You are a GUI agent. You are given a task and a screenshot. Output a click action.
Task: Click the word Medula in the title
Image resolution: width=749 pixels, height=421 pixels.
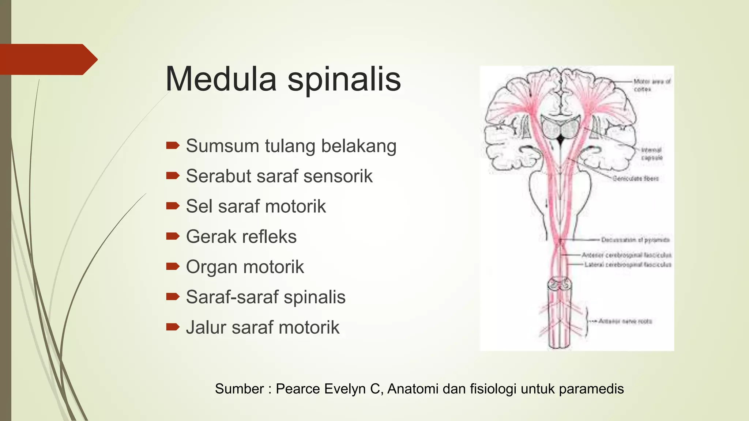(221, 79)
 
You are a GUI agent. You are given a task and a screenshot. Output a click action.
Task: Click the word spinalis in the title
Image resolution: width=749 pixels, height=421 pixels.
(344, 80)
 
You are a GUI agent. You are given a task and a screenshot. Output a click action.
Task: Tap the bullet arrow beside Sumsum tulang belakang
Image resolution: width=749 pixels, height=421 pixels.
(173, 146)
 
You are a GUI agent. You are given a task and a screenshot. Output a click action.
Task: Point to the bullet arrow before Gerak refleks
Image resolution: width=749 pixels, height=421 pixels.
(173, 236)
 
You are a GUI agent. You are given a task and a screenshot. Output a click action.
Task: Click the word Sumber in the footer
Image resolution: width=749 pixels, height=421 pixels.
(239, 389)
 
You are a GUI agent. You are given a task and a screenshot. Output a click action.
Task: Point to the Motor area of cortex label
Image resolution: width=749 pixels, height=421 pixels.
(652, 85)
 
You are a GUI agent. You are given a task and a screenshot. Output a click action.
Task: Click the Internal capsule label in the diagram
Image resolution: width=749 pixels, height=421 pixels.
(652, 154)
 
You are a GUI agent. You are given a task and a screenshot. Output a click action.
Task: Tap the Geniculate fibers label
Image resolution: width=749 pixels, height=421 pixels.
(636, 179)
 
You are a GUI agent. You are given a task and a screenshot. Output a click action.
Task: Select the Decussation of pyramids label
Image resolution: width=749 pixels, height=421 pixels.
(635, 240)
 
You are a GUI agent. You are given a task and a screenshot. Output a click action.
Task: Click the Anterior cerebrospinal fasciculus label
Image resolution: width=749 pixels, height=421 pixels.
(626, 255)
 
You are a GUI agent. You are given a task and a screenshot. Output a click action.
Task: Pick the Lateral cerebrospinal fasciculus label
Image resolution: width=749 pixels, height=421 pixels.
(628, 265)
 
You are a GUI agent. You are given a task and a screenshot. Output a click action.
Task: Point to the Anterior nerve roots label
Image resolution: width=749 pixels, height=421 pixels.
(625, 321)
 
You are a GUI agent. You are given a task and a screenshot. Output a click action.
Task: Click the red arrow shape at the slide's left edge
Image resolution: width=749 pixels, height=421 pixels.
(48, 59)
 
